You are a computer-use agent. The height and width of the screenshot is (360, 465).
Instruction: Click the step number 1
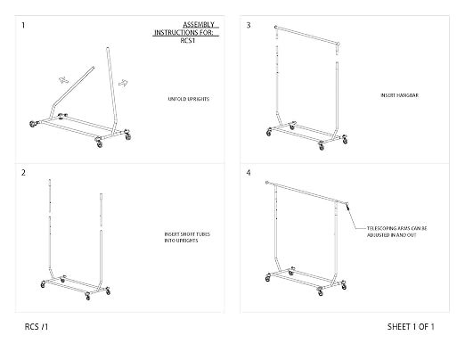tap(23, 25)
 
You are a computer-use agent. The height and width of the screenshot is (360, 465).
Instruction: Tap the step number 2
tap(23, 173)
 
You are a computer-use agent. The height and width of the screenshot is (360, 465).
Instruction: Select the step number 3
tap(249, 25)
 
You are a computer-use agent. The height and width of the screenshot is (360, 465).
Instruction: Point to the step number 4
tap(249, 173)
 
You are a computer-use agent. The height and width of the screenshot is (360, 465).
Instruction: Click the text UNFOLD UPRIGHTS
tap(189, 99)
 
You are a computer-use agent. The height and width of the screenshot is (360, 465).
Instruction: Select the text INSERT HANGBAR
tap(400, 95)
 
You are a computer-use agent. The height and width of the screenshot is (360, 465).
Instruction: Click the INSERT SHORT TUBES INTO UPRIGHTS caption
tap(187, 237)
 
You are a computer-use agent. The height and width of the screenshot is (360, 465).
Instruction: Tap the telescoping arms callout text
tap(397, 232)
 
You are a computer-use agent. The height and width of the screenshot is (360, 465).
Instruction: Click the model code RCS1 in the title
tap(188, 41)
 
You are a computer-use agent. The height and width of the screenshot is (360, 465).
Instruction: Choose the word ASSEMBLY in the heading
tap(199, 25)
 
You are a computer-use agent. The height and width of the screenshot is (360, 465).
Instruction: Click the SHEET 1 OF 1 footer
tap(411, 327)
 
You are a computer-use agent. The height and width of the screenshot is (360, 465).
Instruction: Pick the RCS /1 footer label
tap(37, 327)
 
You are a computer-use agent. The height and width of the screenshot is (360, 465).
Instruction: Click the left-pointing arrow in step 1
tap(63, 80)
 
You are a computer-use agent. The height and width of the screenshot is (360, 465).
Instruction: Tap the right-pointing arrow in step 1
tap(123, 83)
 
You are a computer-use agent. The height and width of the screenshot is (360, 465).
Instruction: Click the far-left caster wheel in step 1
tap(33, 124)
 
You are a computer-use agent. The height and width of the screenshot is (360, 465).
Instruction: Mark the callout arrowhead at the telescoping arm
tap(347, 206)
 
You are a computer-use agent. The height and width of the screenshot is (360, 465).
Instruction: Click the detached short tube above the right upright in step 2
tap(101, 210)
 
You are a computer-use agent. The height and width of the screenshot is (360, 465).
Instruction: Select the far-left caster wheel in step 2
tap(44, 284)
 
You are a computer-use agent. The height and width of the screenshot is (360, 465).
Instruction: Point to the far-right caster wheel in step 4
tap(344, 286)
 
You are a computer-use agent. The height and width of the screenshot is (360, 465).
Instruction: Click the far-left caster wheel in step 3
tap(269, 133)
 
